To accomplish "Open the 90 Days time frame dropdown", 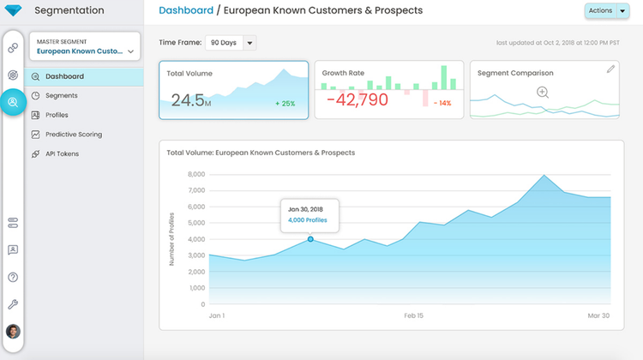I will [x=231, y=43].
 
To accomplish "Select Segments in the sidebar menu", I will [x=62, y=95].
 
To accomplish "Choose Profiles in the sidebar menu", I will [x=57, y=115].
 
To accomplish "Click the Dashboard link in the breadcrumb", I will [x=186, y=11].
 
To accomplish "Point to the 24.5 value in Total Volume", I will [x=188, y=99].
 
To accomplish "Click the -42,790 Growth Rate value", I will [x=357, y=99].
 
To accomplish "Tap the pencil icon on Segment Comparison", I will [x=610, y=69].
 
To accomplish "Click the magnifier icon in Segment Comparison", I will [x=543, y=93].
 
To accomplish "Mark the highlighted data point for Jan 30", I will [x=310, y=239].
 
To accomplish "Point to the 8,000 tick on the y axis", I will [x=195, y=174].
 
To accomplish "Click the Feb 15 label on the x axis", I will [x=414, y=315].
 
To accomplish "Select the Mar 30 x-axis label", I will [x=598, y=315].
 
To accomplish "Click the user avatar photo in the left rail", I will [x=13, y=332].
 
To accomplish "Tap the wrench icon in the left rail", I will [x=13, y=304].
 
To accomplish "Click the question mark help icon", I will [x=13, y=277].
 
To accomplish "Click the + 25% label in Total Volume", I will [x=285, y=104].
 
